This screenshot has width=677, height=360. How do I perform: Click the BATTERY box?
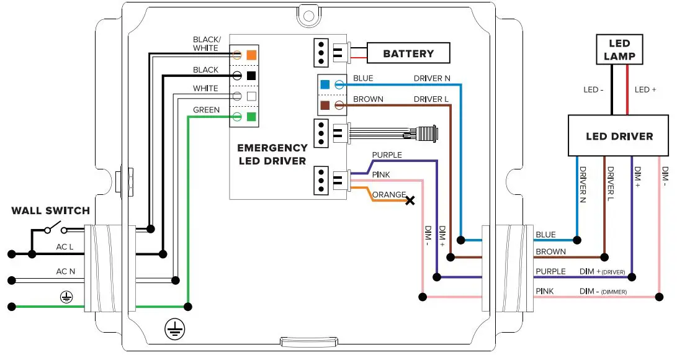point(408,53)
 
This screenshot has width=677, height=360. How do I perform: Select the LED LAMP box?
point(619,50)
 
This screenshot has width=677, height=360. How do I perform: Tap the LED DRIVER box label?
point(619,136)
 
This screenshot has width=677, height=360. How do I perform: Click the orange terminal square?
point(251,55)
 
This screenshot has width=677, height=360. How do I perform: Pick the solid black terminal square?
point(251,76)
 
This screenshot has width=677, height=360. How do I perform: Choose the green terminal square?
point(251,117)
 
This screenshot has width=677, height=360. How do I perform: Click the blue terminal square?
point(325,84)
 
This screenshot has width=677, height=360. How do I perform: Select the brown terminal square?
point(325,105)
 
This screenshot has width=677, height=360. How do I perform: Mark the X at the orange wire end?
point(410,200)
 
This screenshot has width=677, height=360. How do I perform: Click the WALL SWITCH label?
point(50,211)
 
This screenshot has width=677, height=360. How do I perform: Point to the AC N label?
point(66,271)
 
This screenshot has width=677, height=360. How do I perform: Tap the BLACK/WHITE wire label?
point(205,43)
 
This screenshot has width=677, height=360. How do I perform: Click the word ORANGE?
point(389,194)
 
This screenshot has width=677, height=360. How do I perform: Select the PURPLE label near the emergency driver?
point(387,155)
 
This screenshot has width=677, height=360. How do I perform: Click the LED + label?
point(645,90)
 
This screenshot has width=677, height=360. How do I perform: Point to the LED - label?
point(594,90)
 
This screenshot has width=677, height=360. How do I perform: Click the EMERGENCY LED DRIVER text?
point(272,155)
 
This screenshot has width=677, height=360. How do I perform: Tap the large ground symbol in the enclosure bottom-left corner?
point(175,330)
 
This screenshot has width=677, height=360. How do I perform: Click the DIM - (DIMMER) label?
point(603,291)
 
